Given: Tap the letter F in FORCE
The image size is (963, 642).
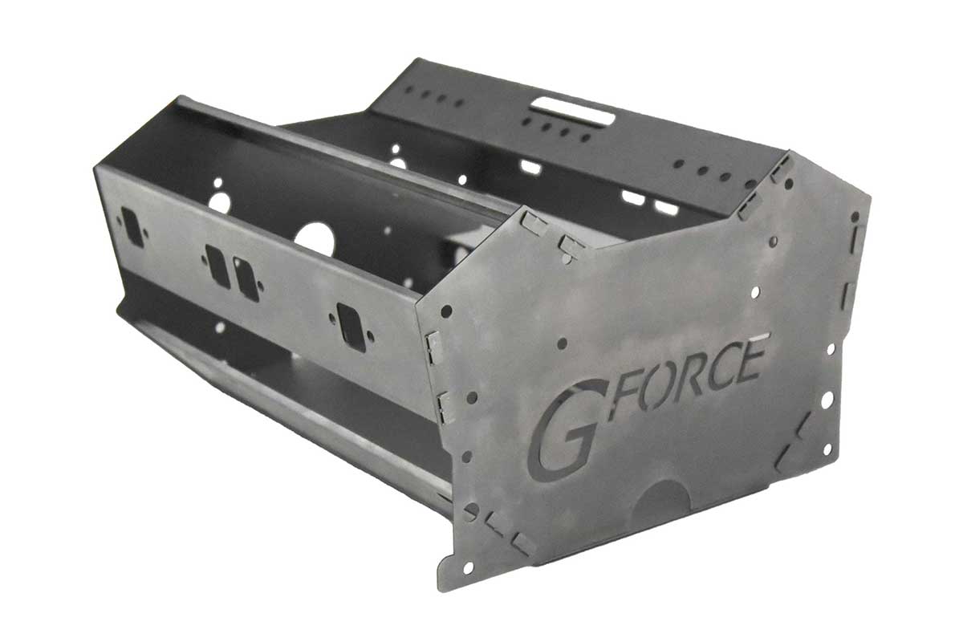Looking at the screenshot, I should [x=622, y=396].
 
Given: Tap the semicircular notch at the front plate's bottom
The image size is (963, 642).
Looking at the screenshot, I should [x=662, y=497].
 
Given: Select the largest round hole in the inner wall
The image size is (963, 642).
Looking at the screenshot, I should [x=314, y=239].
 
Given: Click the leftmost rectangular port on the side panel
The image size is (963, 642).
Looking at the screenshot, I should [x=132, y=227].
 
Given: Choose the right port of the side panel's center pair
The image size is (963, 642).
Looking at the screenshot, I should [x=246, y=278].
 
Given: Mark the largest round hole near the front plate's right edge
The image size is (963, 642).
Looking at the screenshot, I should [x=826, y=399].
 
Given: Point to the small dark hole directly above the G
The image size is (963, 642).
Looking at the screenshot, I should [x=562, y=343].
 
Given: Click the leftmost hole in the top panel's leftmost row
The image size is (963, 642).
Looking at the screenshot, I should [x=408, y=89].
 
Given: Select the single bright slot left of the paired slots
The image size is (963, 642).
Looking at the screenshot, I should [x=530, y=167].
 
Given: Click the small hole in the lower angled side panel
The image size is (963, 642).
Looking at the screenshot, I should [x=219, y=327].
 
